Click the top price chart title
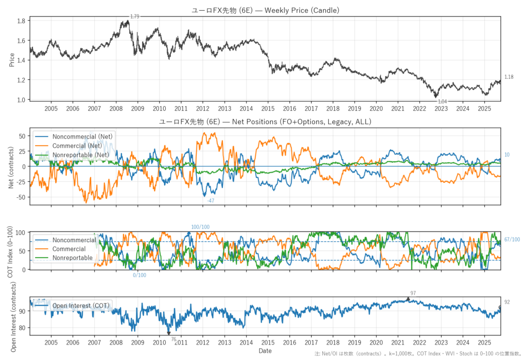coord(265,10)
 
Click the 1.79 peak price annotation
coord(135,17)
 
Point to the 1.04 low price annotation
coord(443,101)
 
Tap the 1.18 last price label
coord(508,77)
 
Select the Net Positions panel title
coord(265,122)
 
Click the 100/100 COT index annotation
coord(200,227)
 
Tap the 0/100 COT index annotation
coord(139,275)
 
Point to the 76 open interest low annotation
coord(173,339)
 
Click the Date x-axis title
coord(265,351)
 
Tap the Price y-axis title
coord(11,59)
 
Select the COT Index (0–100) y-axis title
coord(11,251)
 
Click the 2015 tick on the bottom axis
coord(268,342)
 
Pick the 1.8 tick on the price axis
coord(21,21)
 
